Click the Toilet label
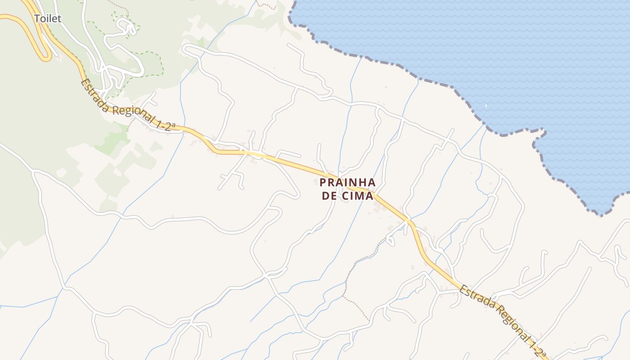[x=48, y=18]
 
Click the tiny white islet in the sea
[x=486, y=106]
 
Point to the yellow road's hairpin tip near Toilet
[x=46, y=58]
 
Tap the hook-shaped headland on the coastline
[x=540, y=135]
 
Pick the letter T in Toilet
[x=37, y=18]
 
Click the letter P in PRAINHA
[x=323, y=182]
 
